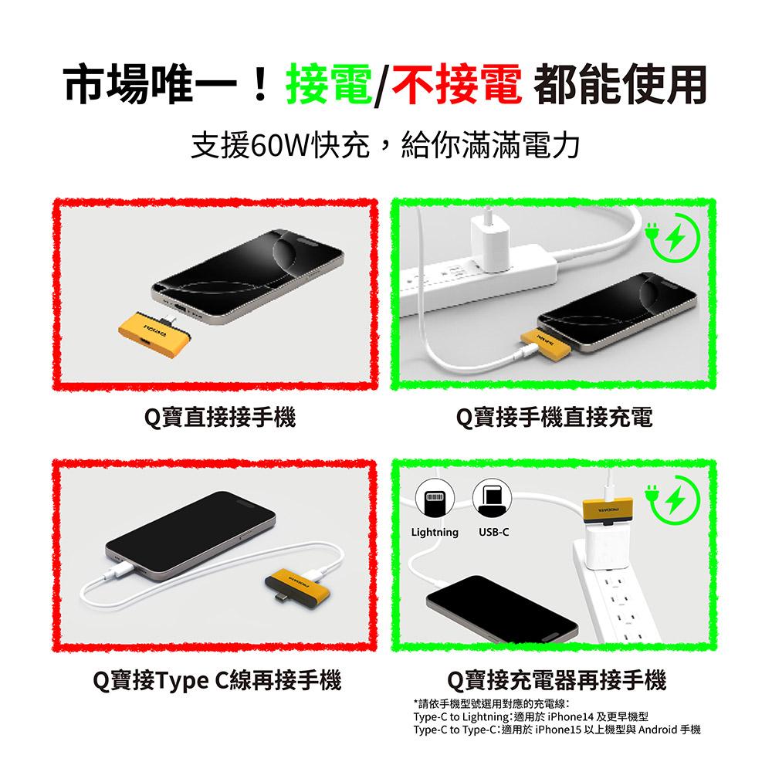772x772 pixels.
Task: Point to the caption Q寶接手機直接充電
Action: click(x=554, y=418)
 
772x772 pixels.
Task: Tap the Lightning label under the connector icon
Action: click(x=435, y=533)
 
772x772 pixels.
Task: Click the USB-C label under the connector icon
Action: click(x=494, y=533)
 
